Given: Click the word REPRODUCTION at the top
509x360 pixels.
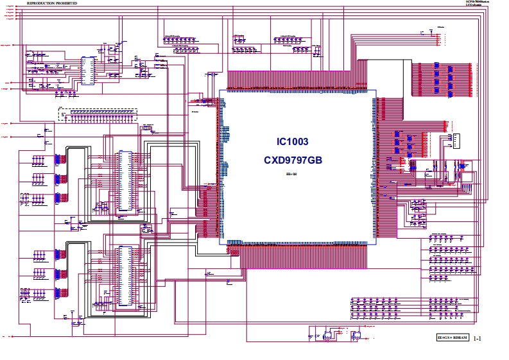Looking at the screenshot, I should pos(42,3).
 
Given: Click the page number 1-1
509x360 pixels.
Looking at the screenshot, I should pos(478,338).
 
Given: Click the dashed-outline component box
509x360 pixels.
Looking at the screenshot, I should pos(97,114).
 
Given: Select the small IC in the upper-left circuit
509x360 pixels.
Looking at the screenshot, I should pos(88,71).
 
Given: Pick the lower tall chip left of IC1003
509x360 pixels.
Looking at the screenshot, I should pos(124,277).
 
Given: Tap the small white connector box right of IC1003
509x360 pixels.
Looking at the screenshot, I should pos(456,141).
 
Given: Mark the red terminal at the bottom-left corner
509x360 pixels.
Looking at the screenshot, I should pos(13,336).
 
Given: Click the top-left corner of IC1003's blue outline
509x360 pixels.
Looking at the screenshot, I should pos(220,90).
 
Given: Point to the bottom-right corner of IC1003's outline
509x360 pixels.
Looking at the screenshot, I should pos(375,244).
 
